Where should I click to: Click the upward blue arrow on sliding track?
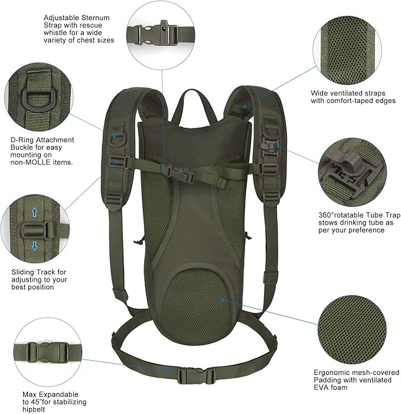pyautogui.click(x=34, y=211)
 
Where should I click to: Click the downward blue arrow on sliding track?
pyautogui.click(x=34, y=245)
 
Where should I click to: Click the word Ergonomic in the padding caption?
pyautogui.click(x=332, y=372)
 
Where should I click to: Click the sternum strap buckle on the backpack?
pyautogui.click(x=177, y=172)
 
